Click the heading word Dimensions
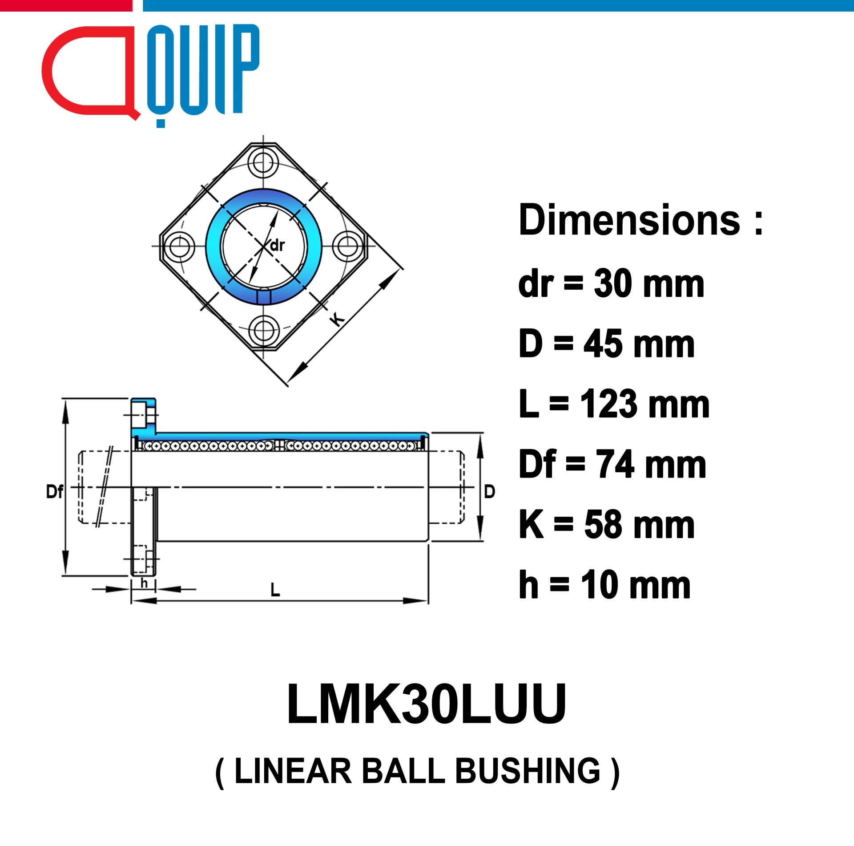click(629, 220)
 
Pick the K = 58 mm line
click(606, 525)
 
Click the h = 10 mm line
click(604, 585)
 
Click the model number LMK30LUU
click(427, 704)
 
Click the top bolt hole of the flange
click(263, 162)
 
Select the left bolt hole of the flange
click(179, 246)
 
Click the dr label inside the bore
click(277, 245)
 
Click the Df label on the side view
click(55, 491)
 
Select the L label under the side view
click(275, 590)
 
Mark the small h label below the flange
click(144, 583)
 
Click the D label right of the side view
click(489, 491)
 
